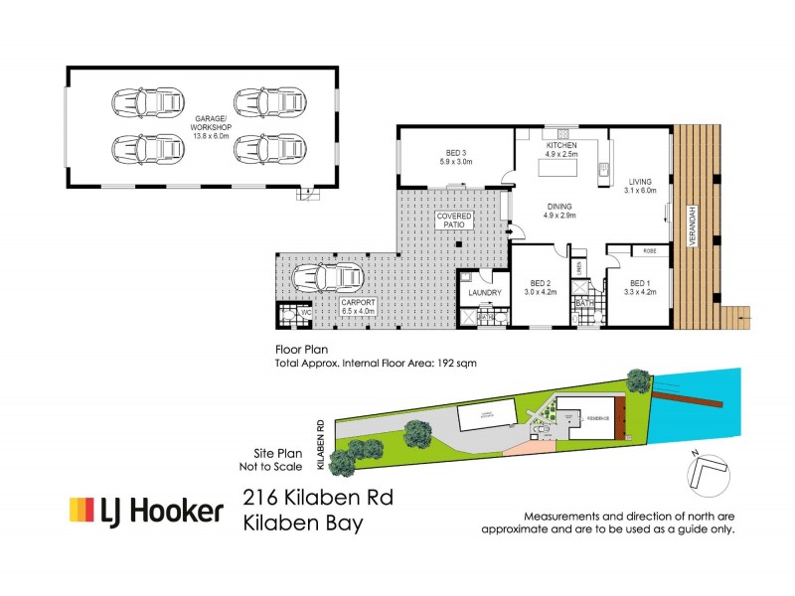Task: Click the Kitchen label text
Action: pos(560,145)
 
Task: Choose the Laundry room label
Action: pos(484,292)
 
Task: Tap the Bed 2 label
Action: pos(541,283)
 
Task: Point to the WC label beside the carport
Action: pos(306,312)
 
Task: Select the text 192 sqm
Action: pos(457,364)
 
